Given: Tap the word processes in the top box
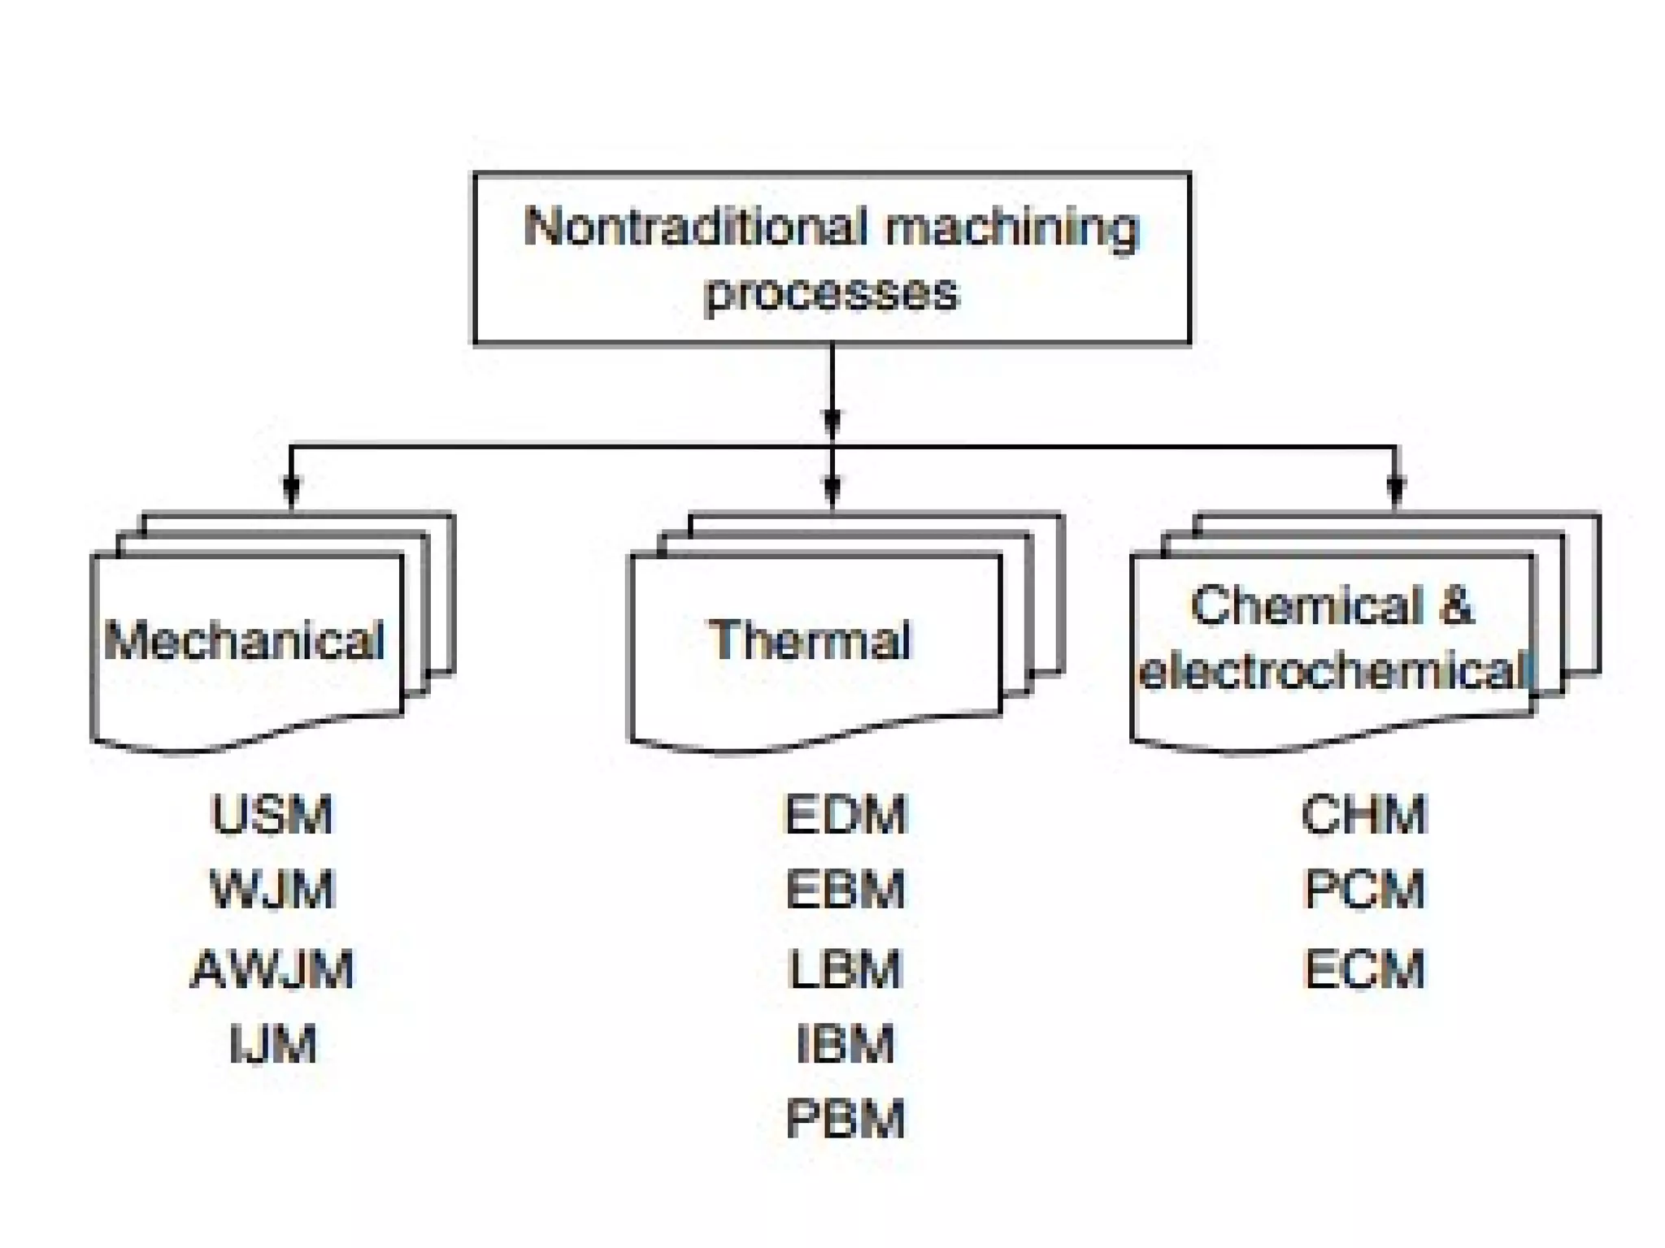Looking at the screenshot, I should click(x=832, y=292).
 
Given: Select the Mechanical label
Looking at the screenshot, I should click(x=244, y=640).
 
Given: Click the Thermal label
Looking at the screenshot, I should click(x=810, y=640).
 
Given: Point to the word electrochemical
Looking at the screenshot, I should click(x=1333, y=673).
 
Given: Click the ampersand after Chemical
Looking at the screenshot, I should click(x=1455, y=606).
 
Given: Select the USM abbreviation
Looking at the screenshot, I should click(x=272, y=815).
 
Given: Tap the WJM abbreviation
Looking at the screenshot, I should click(x=272, y=890).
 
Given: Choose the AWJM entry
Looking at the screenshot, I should click(x=272, y=968).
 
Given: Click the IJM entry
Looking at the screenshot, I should click(x=273, y=1044).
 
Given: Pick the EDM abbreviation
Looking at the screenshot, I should click(x=846, y=815).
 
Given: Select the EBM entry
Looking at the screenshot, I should click(x=846, y=890).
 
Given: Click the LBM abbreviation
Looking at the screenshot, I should click(x=846, y=968).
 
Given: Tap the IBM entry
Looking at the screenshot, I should click(x=846, y=1044).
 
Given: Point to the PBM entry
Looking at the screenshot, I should click(x=846, y=1119).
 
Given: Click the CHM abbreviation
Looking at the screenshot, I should click(x=1364, y=815).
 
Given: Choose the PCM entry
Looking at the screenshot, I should click(x=1364, y=890).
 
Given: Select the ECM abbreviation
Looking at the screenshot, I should click(x=1364, y=968).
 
